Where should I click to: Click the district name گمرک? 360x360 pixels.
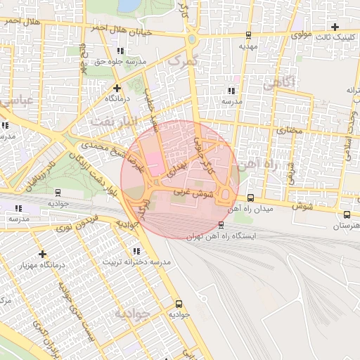tap(181, 63)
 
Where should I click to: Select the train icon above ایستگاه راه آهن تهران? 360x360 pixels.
tap(221, 225)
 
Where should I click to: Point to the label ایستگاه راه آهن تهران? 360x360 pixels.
tap(222, 236)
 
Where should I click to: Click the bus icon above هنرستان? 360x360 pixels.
tap(347, 214)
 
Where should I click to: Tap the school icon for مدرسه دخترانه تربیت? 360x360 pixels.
tap(136, 250)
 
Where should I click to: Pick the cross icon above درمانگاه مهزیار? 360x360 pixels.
tap(43, 254)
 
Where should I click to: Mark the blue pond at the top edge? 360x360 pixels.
tap(129, 6)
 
